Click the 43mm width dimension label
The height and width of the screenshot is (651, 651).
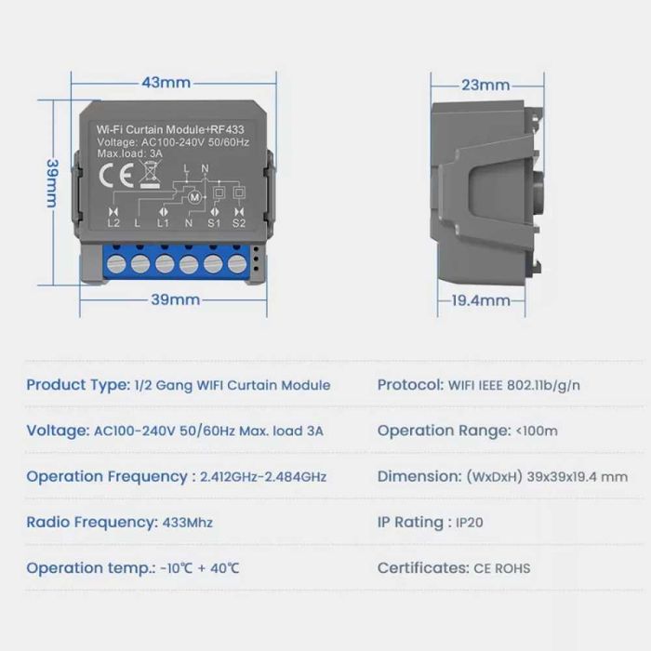tap(166, 83)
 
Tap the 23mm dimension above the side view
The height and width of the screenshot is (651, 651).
tap(484, 86)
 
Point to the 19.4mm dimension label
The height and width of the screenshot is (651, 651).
tap(481, 300)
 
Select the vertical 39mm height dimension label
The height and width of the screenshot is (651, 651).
tap(53, 183)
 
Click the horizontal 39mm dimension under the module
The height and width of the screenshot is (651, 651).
tap(175, 299)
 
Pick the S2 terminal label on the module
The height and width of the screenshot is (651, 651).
tap(239, 223)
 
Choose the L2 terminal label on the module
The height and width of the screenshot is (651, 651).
tap(113, 223)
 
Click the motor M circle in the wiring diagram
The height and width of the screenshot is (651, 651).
tap(195, 196)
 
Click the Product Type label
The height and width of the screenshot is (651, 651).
tap(77, 385)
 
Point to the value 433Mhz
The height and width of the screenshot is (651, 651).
tap(187, 523)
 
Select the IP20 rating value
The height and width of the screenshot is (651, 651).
tap(469, 523)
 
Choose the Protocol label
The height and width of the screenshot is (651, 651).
tap(409, 385)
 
